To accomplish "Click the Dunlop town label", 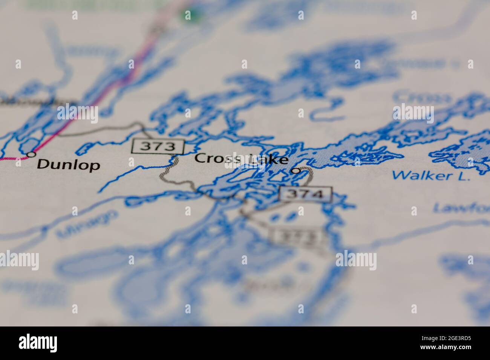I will pos(69,165).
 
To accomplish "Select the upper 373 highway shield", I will pos(158,146).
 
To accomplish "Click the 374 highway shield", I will pos(305,194).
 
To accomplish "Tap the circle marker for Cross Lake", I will pos(297,171).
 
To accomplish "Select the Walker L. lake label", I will pos(431,175).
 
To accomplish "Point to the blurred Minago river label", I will pos(87,224).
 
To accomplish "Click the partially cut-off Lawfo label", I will pos(461,207).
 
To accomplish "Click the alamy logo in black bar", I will pos(38,343).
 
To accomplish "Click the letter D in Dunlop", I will pos(44,164).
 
